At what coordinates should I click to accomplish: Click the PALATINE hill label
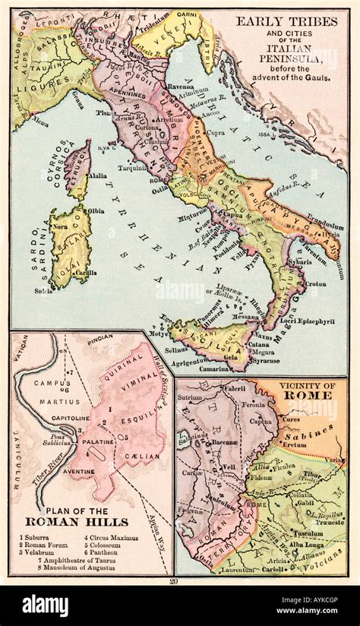(x=98, y=441)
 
